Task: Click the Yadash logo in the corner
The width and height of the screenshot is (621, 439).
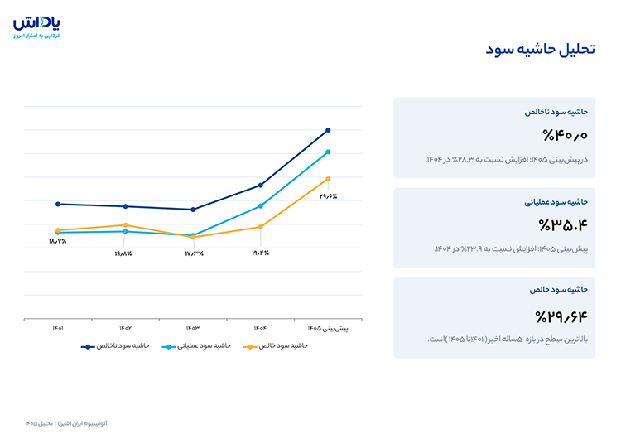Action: [36, 27]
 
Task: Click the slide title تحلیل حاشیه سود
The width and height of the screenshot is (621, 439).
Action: [540, 50]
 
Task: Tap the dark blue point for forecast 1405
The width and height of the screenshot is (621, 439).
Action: [328, 130]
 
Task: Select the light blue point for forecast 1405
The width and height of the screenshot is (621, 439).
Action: [328, 152]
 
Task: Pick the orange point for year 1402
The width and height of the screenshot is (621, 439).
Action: [126, 225]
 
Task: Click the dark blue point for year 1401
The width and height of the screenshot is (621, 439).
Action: [58, 204]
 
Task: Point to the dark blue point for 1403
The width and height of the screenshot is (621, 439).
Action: [193, 210]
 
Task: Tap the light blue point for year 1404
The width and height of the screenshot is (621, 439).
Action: [261, 206]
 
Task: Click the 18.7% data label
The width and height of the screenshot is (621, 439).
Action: [58, 241]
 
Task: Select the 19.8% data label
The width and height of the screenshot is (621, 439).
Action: [123, 253]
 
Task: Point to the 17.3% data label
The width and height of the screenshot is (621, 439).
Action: [194, 253]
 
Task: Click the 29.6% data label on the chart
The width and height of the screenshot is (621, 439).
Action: [329, 196]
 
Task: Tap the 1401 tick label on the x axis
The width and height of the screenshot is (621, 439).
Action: [58, 329]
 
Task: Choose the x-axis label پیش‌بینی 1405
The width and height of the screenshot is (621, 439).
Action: [328, 329]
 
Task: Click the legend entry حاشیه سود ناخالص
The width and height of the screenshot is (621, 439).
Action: [115, 346]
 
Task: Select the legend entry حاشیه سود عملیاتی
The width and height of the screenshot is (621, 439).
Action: [196, 346]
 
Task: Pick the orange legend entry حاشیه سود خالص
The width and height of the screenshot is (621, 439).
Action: [276, 346]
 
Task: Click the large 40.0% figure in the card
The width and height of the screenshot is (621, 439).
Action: [566, 136]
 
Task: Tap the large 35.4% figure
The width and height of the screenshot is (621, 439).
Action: [563, 225]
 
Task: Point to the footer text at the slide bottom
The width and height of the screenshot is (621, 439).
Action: [66, 423]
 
